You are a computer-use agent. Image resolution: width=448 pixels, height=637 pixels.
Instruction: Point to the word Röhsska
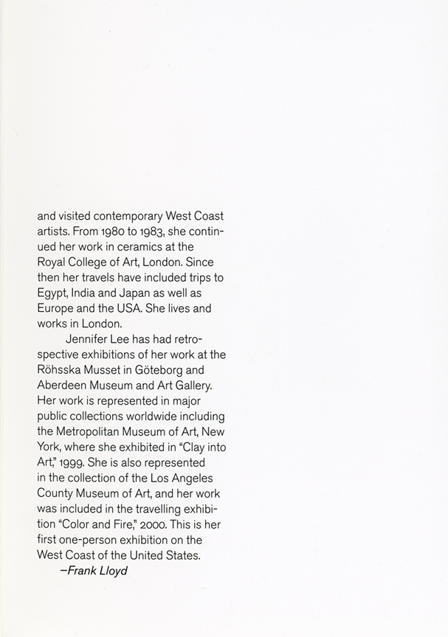[x=62, y=370]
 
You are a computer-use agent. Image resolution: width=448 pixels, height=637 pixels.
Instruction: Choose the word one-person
[x=93, y=540]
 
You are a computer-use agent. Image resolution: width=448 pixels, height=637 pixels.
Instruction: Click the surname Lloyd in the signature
[x=111, y=571]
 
